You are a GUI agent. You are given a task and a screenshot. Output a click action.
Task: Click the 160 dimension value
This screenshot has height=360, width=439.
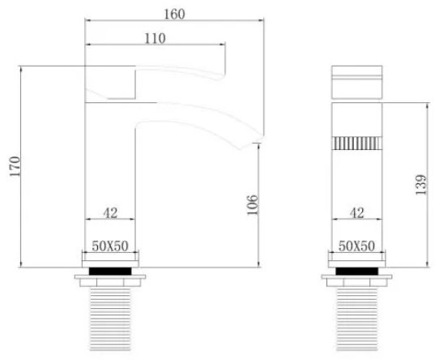174,14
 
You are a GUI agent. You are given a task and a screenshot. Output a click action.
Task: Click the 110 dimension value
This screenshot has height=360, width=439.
155,38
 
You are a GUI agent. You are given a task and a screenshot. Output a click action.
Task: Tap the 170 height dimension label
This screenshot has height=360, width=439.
15,166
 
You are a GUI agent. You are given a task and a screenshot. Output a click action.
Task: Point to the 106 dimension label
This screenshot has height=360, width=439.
252,204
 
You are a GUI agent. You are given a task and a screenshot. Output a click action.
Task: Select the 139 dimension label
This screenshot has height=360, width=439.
420,185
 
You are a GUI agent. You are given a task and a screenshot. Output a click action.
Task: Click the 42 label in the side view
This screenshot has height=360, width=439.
110,213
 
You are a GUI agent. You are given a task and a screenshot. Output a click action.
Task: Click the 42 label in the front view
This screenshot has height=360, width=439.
356,213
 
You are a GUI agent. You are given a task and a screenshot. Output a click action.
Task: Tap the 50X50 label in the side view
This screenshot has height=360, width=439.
110,246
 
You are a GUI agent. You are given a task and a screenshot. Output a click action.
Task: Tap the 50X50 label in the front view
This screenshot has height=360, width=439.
356,246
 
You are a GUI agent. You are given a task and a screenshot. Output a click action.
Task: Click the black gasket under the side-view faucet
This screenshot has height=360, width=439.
110,271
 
